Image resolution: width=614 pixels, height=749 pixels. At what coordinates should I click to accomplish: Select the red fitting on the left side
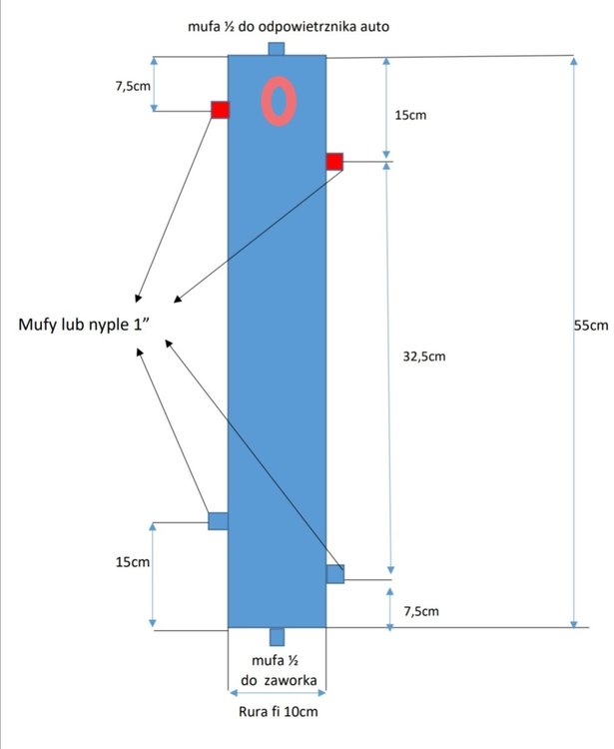[220, 110]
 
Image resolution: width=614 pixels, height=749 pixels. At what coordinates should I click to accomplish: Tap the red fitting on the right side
[334, 162]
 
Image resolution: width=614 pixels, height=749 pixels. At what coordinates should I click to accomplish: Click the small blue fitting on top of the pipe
[276, 49]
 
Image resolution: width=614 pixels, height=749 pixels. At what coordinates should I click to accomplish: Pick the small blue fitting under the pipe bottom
[277, 637]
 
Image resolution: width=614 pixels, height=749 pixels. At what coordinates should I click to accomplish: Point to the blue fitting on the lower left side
[218, 520]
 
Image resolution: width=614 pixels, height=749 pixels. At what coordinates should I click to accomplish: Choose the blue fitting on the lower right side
[335, 574]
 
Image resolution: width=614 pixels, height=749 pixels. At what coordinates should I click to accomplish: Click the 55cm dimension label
[591, 326]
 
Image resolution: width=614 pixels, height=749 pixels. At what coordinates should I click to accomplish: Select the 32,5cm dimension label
[424, 357]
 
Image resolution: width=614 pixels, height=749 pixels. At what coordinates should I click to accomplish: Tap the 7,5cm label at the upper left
[133, 86]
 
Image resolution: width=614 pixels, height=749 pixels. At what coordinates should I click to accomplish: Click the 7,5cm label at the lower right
[421, 611]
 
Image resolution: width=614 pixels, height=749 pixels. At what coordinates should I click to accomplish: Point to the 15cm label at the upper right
[410, 115]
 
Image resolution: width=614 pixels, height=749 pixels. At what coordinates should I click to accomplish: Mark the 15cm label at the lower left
[132, 561]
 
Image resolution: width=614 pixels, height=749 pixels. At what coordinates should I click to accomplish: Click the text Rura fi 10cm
[278, 711]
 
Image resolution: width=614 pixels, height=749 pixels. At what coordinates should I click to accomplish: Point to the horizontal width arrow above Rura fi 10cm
[278, 693]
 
